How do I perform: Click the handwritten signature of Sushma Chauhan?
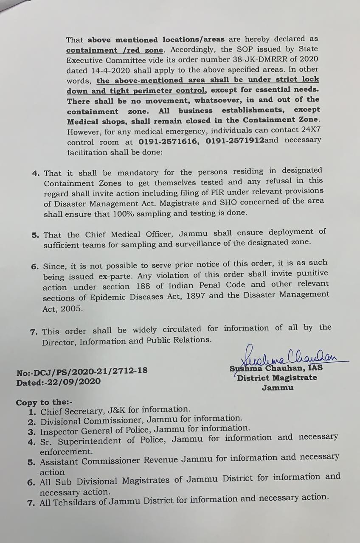[x=289, y=356]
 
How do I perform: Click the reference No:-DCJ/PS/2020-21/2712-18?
[x=82, y=372]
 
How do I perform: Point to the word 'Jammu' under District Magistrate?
[x=277, y=388]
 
